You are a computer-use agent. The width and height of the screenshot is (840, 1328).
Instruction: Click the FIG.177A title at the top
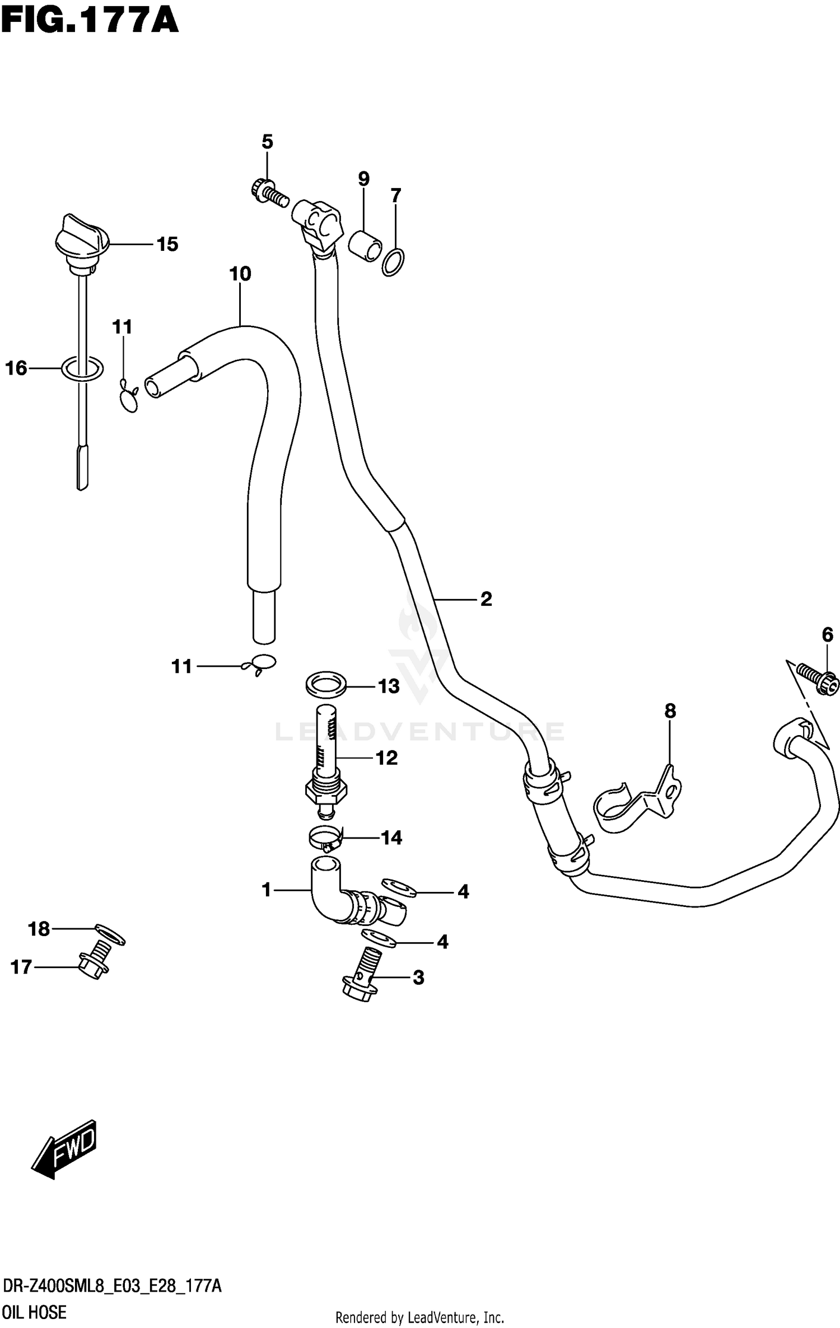pyautogui.click(x=90, y=21)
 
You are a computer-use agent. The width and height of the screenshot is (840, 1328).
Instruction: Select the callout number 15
pyautogui.click(x=167, y=245)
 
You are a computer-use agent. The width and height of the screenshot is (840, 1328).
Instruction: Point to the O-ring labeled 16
pyautogui.click(x=82, y=368)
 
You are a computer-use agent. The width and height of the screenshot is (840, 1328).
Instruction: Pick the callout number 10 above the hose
pyautogui.click(x=240, y=274)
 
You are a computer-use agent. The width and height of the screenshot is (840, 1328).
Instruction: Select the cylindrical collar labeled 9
pyautogui.click(x=365, y=245)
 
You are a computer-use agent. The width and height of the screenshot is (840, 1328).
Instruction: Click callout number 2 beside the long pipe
pyautogui.click(x=486, y=599)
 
